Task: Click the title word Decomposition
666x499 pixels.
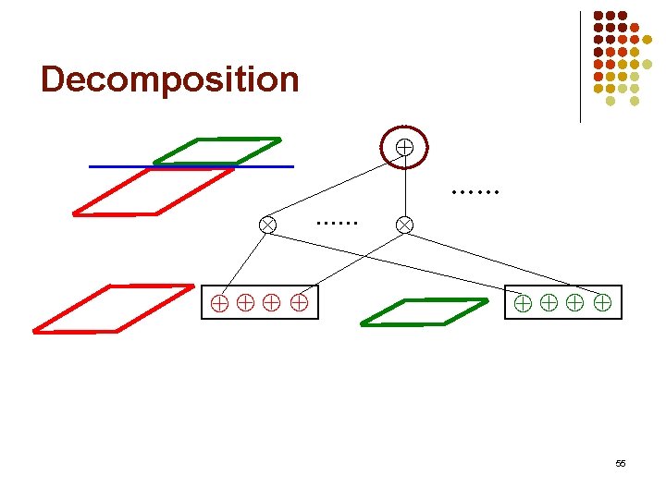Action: click(x=170, y=79)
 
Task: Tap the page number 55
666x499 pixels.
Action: click(x=620, y=462)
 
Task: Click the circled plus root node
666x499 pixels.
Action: click(x=404, y=146)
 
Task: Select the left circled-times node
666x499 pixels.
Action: click(x=267, y=224)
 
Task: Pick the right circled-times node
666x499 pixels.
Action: click(x=404, y=224)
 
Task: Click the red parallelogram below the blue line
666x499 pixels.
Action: click(x=153, y=192)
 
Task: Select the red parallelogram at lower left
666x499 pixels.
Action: click(x=113, y=308)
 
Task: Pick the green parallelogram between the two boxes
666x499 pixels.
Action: click(x=424, y=312)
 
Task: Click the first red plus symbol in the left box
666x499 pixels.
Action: click(x=219, y=301)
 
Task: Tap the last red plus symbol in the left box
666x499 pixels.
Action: click(x=299, y=301)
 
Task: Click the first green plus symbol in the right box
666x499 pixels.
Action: click(x=523, y=301)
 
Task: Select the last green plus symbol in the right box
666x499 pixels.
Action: click(x=602, y=301)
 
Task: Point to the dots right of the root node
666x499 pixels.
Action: click(x=475, y=192)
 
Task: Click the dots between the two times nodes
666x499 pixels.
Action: click(x=336, y=223)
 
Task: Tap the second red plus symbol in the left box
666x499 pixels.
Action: click(x=246, y=301)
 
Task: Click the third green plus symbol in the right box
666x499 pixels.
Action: click(x=575, y=301)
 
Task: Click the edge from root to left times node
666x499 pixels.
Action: click(x=333, y=189)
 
